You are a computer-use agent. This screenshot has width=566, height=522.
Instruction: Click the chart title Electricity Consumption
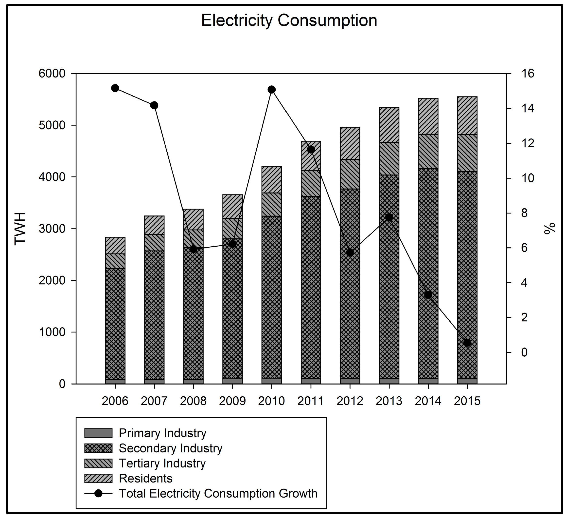(x=289, y=20)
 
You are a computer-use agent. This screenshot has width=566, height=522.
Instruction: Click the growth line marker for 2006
(x=115, y=88)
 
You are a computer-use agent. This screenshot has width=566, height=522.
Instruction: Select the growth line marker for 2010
(x=271, y=90)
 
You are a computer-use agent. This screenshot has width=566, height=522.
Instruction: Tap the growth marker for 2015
(x=467, y=343)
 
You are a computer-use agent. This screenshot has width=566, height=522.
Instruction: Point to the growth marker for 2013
(x=389, y=217)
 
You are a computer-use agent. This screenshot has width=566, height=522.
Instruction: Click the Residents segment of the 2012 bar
(x=350, y=143)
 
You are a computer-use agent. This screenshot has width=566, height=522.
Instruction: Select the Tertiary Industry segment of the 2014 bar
(x=428, y=151)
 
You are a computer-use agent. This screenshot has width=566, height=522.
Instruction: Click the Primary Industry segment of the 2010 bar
(x=271, y=381)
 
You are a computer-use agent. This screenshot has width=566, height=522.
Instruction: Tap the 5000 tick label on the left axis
(x=52, y=125)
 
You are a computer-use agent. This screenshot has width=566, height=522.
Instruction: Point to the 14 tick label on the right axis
(x=528, y=108)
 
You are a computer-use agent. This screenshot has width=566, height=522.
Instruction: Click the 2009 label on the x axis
(x=232, y=401)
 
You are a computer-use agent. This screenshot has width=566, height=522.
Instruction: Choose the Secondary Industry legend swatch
(x=98, y=448)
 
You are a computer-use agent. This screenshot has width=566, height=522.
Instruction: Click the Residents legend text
(x=146, y=478)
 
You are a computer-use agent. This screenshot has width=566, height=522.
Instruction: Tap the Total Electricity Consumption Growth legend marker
(x=98, y=493)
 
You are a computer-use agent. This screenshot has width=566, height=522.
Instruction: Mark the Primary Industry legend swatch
(x=98, y=433)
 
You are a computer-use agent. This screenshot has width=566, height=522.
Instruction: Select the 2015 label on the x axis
(x=467, y=401)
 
